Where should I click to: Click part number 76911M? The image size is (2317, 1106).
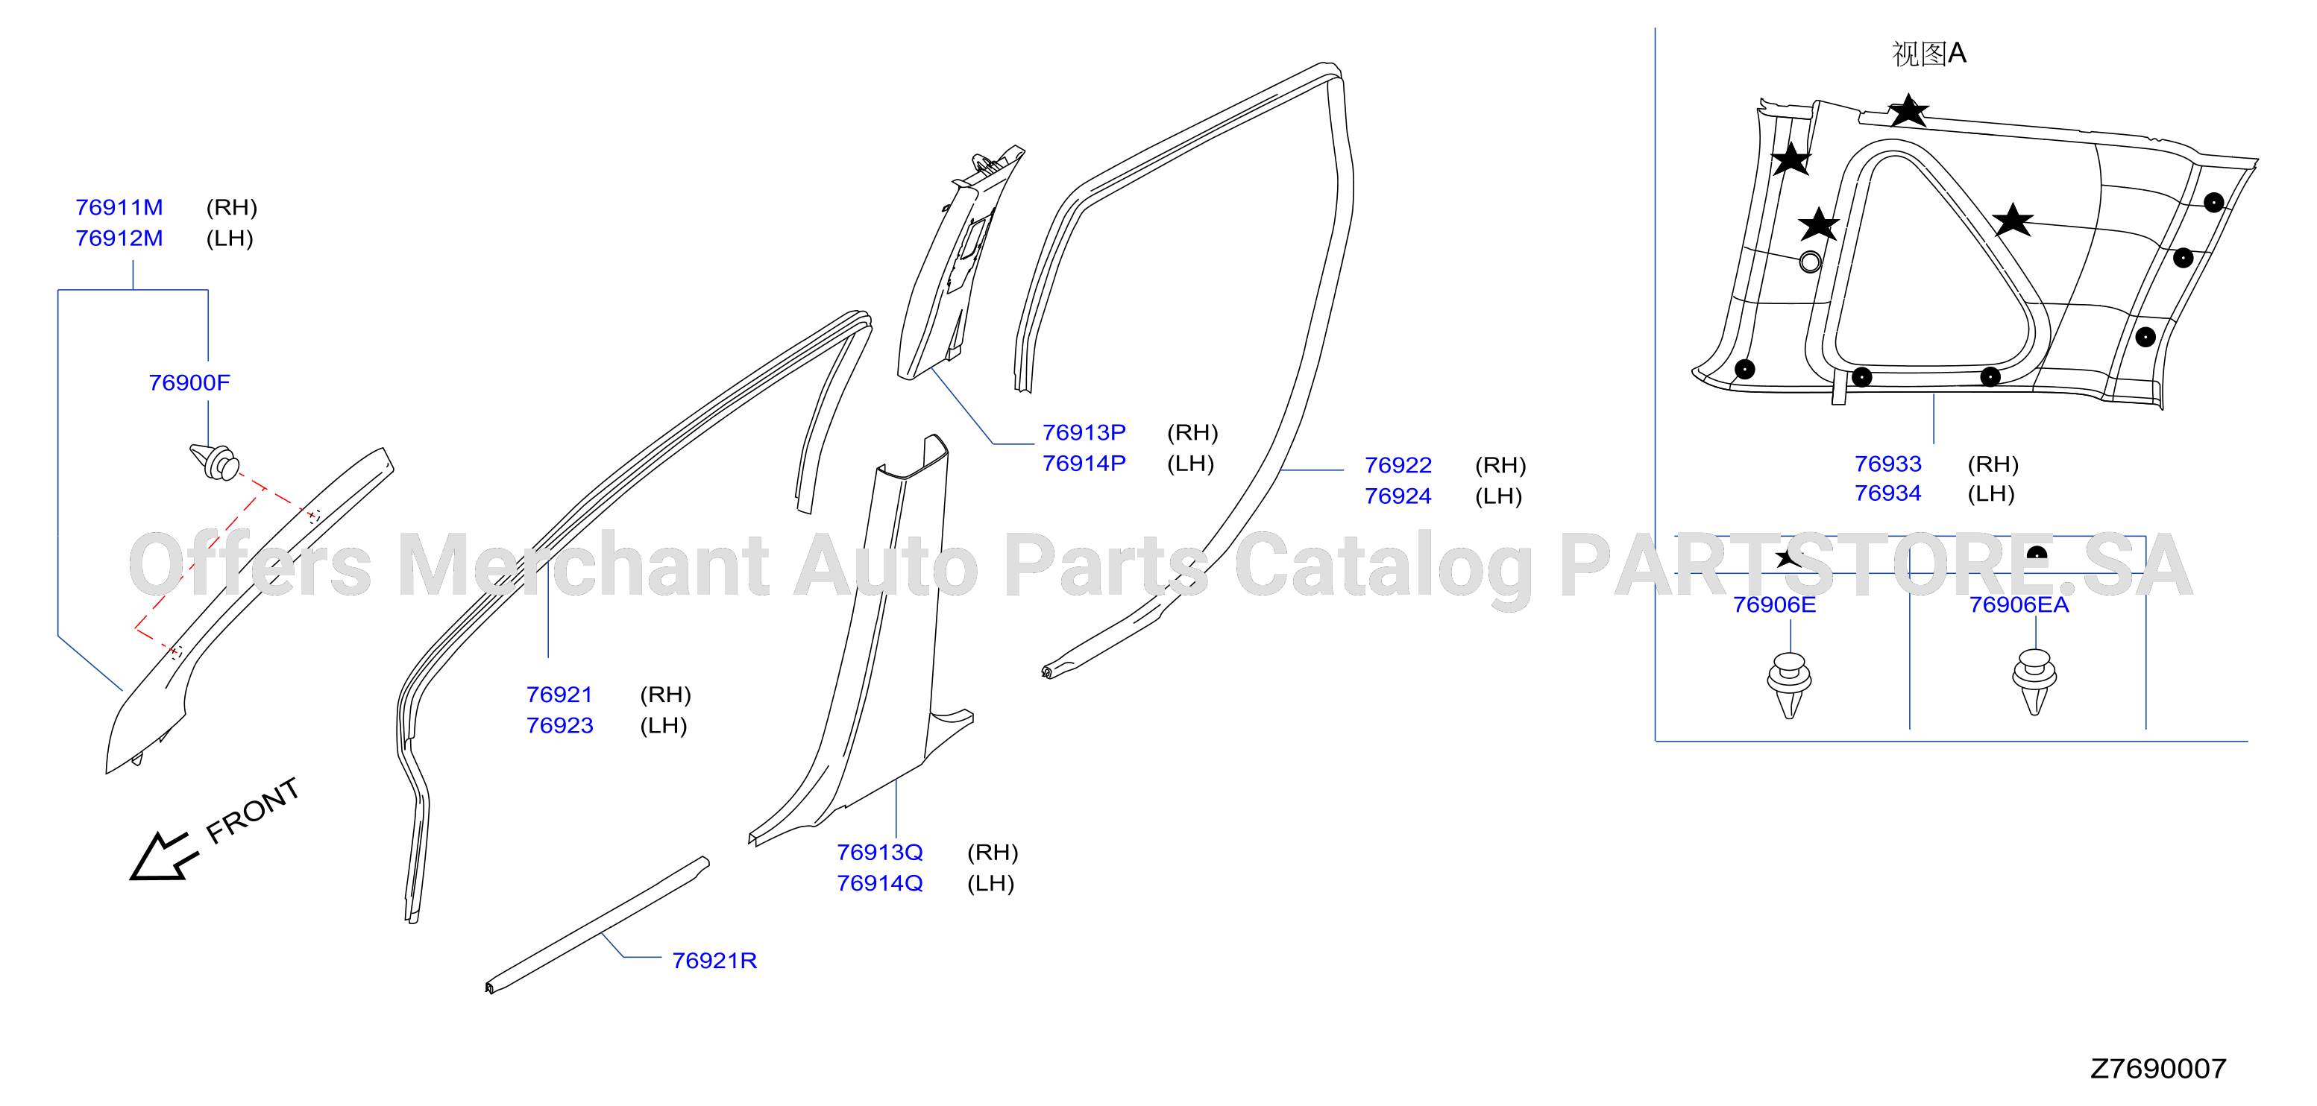click(119, 208)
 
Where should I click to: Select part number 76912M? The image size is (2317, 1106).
click(119, 238)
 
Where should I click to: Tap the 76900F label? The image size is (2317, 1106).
click(189, 383)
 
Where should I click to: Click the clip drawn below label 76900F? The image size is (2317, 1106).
click(214, 461)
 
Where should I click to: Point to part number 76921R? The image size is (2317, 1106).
click(714, 961)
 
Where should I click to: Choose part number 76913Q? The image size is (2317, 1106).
click(880, 853)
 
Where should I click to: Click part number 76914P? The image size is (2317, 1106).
click(1084, 464)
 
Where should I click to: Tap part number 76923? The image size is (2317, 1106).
click(559, 726)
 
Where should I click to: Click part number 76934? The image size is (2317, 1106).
click(1888, 493)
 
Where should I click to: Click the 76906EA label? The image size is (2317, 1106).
click(2019, 605)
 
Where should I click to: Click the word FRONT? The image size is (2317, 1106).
click(253, 811)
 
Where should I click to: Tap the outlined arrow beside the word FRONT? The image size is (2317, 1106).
click(162, 857)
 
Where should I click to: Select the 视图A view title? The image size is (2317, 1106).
click(1928, 54)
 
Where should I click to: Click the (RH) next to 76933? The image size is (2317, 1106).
click(1993, 465)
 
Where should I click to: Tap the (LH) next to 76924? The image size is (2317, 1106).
click(1498, 496)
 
